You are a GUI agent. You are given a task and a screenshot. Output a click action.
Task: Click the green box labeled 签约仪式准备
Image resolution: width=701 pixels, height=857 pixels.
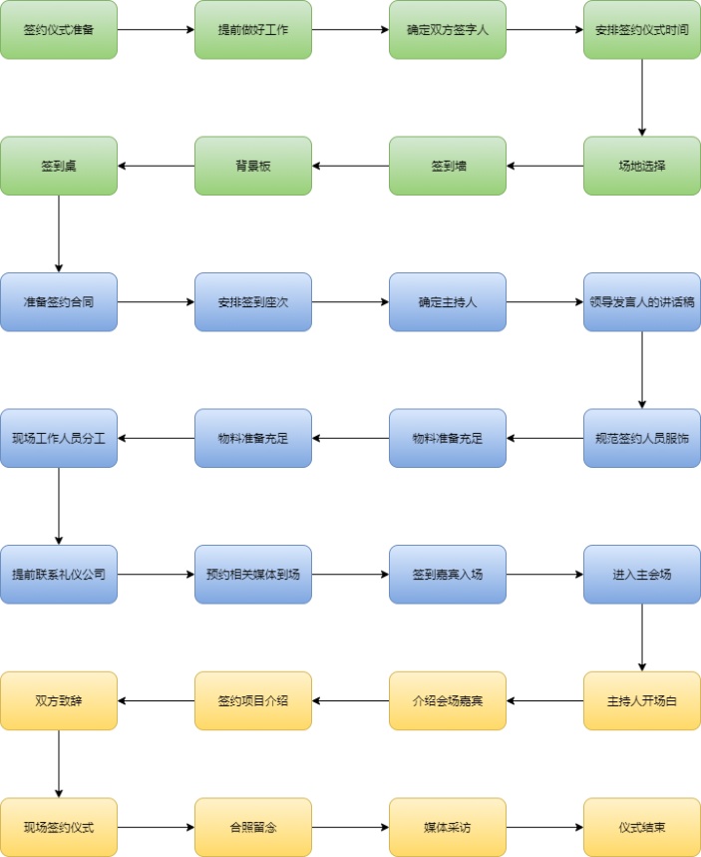coord(59,30)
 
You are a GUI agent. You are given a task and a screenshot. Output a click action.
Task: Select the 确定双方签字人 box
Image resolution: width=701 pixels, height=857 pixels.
coord(448,30)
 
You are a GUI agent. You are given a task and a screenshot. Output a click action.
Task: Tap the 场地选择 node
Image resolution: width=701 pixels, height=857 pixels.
coord(642,166)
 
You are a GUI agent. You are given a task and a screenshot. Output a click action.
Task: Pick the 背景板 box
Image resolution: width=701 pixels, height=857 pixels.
coord(253,166)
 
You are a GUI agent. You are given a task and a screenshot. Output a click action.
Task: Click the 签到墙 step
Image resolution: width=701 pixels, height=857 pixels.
coord(448,166)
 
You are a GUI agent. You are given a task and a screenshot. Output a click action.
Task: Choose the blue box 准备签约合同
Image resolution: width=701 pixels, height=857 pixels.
coord(59,301)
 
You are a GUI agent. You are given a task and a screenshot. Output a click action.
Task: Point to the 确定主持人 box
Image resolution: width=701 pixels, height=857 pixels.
coord(448,301)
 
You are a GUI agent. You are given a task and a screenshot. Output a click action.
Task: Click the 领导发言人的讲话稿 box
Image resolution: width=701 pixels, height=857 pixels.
coord(642,301)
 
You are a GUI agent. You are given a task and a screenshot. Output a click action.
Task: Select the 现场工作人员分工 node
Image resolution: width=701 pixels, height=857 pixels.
coord(59,438)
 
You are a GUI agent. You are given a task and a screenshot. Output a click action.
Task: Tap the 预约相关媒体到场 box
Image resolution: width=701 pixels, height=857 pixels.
coord(253,574)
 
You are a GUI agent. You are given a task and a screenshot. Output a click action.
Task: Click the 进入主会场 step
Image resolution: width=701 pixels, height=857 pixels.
coord(642,574)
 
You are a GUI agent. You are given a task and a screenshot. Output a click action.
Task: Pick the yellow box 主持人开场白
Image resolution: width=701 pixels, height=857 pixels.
coord(642,700)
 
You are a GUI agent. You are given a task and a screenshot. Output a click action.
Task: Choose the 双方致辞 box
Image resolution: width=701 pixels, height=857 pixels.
coord(59,700)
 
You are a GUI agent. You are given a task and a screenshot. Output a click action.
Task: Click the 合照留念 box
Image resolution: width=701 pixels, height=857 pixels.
coord(253,827)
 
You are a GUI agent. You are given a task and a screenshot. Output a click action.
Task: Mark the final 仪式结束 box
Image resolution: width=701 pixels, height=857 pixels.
coord(642,827)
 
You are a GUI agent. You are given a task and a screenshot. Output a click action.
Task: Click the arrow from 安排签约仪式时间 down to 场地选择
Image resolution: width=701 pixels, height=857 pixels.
coord(642,98)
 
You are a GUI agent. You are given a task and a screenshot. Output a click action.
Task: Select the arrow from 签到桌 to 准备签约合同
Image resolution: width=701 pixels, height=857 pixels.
coord(59,233)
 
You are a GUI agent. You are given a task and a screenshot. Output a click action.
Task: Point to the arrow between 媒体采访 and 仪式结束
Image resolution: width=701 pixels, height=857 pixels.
coord(544,827)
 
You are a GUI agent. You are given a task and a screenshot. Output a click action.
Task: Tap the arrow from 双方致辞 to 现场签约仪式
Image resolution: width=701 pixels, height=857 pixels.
coord(59,763)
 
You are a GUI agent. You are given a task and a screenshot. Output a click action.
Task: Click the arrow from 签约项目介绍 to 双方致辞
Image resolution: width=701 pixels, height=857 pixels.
coord(156,700)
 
